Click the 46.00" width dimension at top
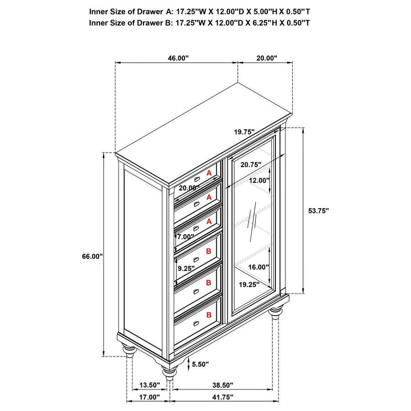[x=178, y=58]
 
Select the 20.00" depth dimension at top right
[x=267, y=58]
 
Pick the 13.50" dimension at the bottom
[x=150, y=385]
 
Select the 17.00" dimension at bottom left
[x=150, y=397]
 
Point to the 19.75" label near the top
[x=245, y=132]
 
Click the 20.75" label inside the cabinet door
[x=250, y=164]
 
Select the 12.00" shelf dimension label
[x=259, y=180]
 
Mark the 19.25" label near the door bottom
[x=247, y=284]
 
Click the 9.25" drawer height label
[x=186, y=268]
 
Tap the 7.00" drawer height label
[x=185, y=237]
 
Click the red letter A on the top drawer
[x=209, y=174]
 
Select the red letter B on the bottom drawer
[x=209, y=314]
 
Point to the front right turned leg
[x=277, y=313]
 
